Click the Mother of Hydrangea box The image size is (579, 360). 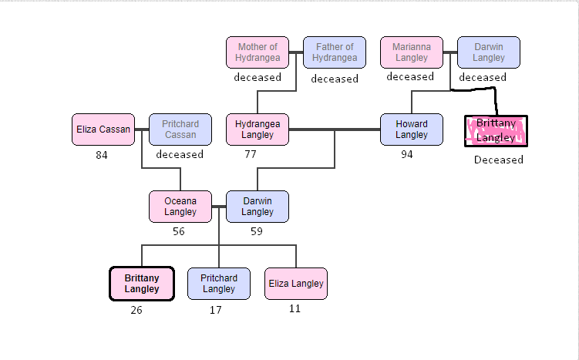[x=257, y=52]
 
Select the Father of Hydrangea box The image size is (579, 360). [x=334, y=52]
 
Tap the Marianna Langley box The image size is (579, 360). [x=411, y=52]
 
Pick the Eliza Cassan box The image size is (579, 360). [x=103, y=130]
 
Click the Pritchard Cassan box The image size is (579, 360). [x=180, y=130]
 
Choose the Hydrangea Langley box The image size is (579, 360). [x=257, y=130]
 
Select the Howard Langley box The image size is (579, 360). [x=411, y=130]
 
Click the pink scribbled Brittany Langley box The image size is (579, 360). [x=497, y=131]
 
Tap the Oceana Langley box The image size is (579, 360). [x=180, y=207]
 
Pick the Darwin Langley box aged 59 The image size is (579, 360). [x=257, y=207]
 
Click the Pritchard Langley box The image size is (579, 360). [x=218, y=284]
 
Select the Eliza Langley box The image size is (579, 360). [x=295, y=284]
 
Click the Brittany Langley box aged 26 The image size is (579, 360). [x=141, y=284]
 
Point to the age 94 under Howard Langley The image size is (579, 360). [x=407, y=155]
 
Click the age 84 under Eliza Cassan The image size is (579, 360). [x=102, y=155]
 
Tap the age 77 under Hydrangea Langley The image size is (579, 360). [x=250, y=154]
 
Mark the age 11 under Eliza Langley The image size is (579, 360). [x=295, y=309]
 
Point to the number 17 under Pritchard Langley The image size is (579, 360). [x=216, y=311]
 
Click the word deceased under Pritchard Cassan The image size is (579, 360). [x=180, y=154]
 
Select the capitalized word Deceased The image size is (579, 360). [x=498, y=160]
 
